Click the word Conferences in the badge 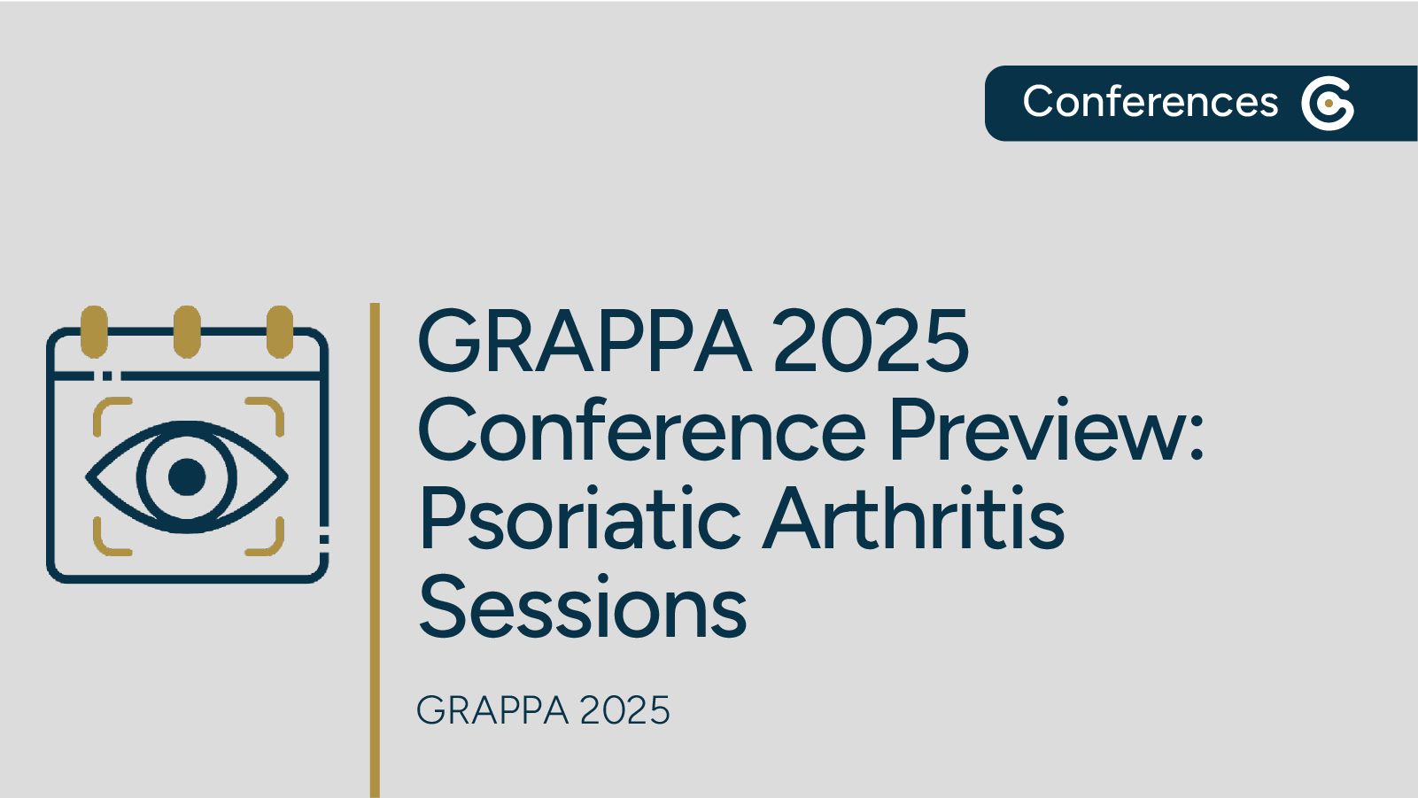(x=1150, y=102)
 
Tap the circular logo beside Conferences (x=1328, y=104)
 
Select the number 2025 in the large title (x=872, y=341)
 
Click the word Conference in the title (x=641, y=431)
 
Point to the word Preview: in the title (x=1046, y=431)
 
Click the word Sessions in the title (x=583, y=608)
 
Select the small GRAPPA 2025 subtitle (x=543, y=710)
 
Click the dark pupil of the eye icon (x=187, y=476)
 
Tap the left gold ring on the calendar (x=94, y=331)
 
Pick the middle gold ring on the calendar (x=187, y=331)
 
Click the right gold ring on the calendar (x=280, y=331)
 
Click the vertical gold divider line (x=375, y=549)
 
